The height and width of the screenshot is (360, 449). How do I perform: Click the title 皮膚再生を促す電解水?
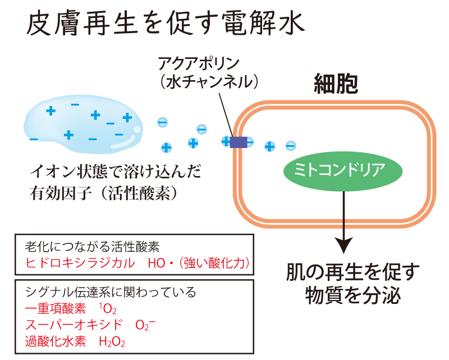point(166,25)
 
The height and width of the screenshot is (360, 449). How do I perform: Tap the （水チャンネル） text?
point(208,82)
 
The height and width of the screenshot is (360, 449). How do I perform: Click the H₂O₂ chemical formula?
point(112,341)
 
